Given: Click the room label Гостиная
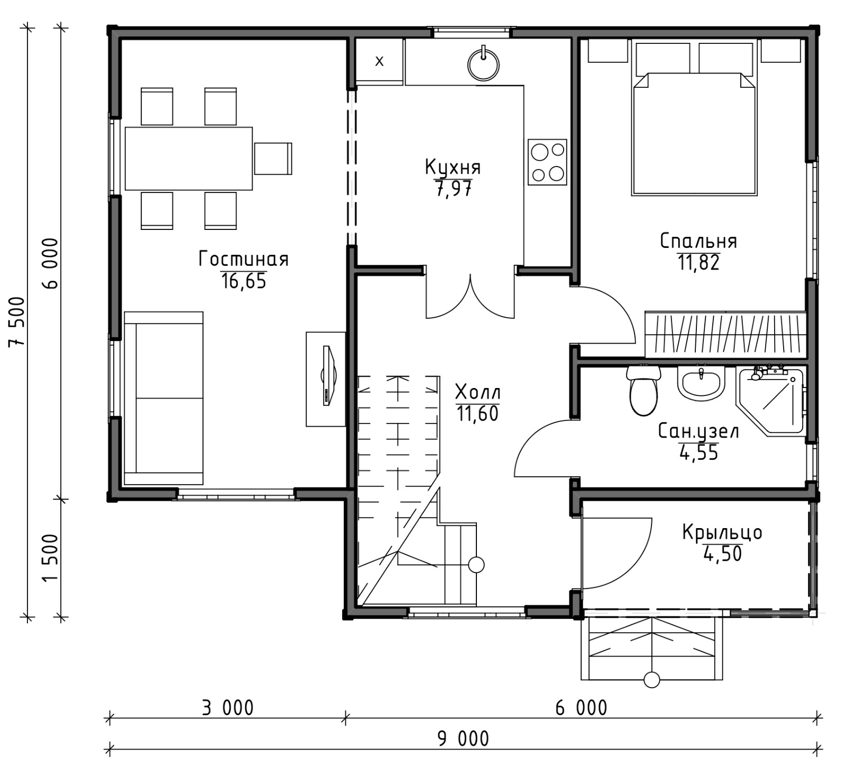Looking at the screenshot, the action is [244, 260].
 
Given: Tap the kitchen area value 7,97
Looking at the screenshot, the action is [453, 189].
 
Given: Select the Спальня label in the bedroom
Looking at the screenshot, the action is [698, 242].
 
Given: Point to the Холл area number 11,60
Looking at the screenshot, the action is [477, 413].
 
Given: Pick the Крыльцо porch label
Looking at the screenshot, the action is [722, 532].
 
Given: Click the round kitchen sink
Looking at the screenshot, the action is [483, 64].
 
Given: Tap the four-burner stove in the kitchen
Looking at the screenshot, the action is [547, 162].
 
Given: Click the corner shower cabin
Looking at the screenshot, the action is [770, 401].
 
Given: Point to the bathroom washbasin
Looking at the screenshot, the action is [701, 385].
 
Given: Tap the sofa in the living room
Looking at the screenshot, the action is [163, 398].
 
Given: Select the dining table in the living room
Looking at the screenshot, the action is [188, 158].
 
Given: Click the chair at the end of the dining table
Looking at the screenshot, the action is [273, 158].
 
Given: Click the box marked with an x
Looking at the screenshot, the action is [379, 61].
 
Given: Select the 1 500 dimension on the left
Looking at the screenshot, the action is [51, 557].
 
